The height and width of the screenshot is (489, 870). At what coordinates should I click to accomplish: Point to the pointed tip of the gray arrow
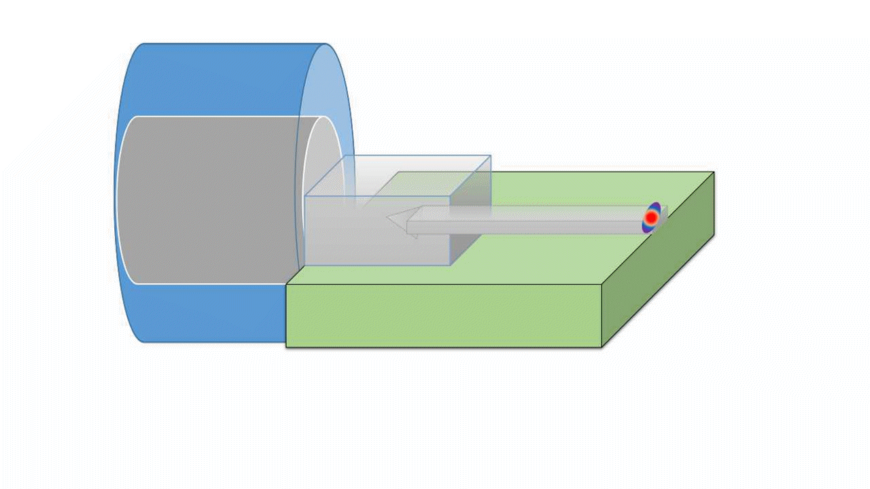pos(387,217)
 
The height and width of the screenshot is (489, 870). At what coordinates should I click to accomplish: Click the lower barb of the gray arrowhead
pos(414,236)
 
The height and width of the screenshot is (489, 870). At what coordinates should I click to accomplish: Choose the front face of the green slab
pos(442,316)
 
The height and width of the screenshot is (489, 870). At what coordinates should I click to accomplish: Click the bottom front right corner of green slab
pos(602,348)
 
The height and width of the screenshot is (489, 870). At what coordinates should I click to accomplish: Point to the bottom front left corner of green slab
pos(286,348)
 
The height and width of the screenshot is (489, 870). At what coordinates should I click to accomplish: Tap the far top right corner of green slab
pos(714,172)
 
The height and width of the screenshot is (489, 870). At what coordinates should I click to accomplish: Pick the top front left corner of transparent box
pos(305,196)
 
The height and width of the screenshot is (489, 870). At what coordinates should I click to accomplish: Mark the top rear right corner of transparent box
pos(491,156)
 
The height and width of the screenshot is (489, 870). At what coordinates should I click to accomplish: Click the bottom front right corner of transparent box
pos(451,265)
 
